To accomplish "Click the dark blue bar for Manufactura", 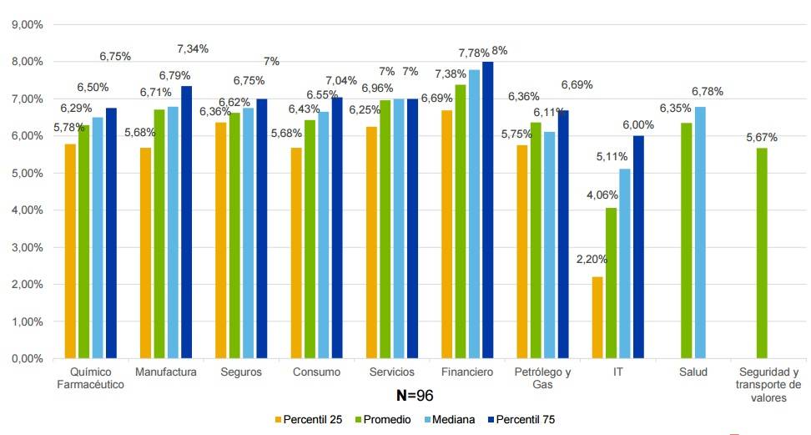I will coord(186,222).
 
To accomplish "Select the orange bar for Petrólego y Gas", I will coord(522,251).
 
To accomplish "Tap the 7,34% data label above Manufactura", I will coord(193,48).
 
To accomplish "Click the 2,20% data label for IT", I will coord(592,259).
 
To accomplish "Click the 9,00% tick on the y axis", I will coord(28,25).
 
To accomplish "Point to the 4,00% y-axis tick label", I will coord(28,210).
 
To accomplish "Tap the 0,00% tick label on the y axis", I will coord(28,359).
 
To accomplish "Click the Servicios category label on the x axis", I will coord(391,372).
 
